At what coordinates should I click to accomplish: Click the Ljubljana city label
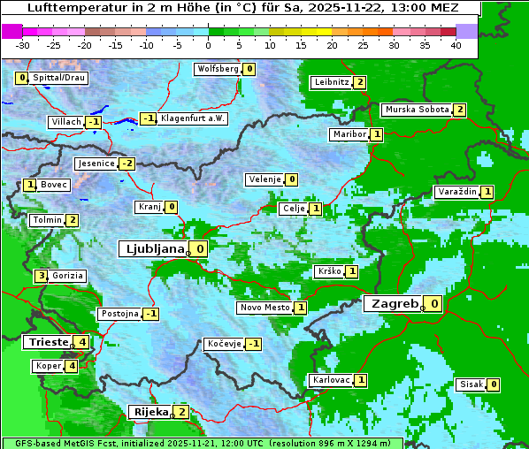point(152,249)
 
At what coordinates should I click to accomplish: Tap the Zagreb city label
point(393,304)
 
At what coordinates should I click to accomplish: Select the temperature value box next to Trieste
point(82,342)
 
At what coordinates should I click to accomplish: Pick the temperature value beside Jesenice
point(127,164)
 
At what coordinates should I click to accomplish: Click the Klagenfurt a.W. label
point(192,118)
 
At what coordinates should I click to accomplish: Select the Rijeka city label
point(149,412)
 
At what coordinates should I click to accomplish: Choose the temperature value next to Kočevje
point(254,344)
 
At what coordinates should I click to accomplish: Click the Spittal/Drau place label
point(58,78)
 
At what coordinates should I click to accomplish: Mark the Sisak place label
point(470,384)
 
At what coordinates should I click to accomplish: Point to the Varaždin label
point(457,192)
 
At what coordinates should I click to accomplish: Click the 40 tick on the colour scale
point(456,45)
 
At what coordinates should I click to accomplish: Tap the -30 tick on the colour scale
point(23,45)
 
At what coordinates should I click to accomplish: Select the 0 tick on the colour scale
point(208,45)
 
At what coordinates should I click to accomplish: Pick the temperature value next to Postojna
point(151,314)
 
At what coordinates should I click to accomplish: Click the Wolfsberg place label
point(218,69)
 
